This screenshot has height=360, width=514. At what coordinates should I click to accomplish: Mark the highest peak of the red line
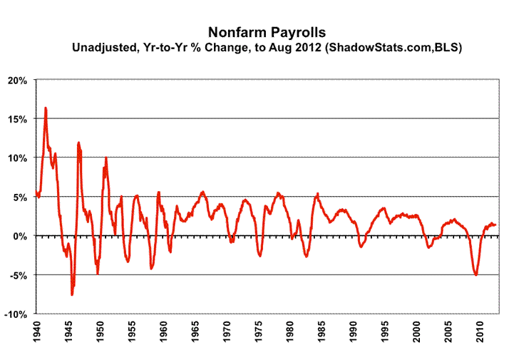46,108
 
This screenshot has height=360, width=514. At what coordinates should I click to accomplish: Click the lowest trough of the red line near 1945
72,294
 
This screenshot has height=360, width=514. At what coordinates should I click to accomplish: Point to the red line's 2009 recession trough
476,274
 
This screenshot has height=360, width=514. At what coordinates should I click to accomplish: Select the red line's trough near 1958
151,268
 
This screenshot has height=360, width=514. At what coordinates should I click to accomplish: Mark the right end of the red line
496,225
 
